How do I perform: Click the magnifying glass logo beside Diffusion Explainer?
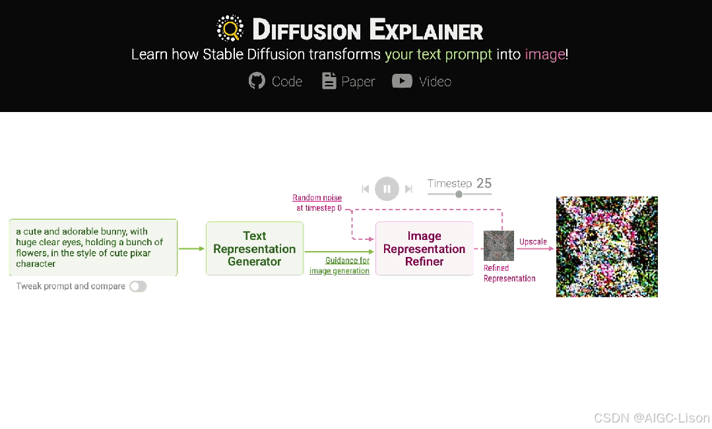[230, 29]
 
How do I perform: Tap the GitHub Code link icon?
[257, 81]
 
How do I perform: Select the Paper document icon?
[329, 81]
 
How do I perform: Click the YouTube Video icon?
[402, 81]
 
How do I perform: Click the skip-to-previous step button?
[366, 189]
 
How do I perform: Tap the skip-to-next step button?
[408, 189]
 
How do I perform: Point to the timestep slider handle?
[459, 194]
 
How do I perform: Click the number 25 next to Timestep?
[484, 183]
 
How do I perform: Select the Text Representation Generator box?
[255, 248]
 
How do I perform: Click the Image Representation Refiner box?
[424, 248]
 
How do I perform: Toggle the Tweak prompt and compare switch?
[138, 286]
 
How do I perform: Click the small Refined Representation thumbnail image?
[499, 246]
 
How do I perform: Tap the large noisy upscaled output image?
[607, 246]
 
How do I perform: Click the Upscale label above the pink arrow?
[533, 242]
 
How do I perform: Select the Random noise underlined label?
[317, 198]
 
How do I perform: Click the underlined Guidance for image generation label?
[340, 266]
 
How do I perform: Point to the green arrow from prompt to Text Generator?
[191, 248]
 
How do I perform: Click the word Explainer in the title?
[426, 30]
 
